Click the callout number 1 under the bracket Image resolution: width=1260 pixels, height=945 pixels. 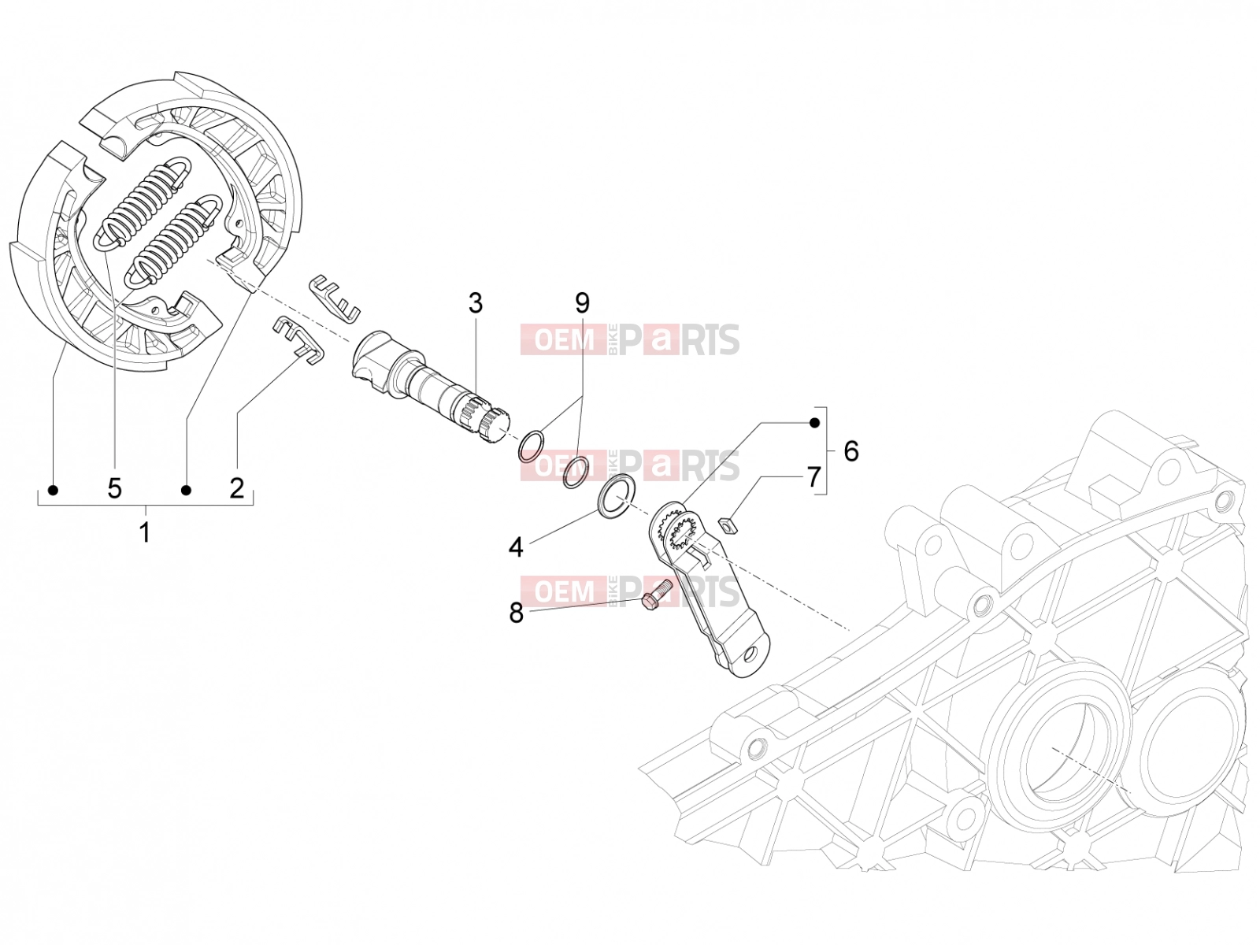coord(145,532)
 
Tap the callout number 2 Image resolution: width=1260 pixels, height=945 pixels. coord(236,488)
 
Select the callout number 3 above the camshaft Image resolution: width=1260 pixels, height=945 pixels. coord(476,303)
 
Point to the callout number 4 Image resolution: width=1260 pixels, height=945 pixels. coord(516,547)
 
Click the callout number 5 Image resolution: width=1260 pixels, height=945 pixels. coord(115,488)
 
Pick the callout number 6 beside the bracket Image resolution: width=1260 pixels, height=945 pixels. coord(851,451)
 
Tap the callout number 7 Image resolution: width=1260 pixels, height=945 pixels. coord(814,476)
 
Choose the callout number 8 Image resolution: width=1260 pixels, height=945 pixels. coord(516,613)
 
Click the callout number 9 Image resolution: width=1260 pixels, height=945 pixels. coord(582,302)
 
